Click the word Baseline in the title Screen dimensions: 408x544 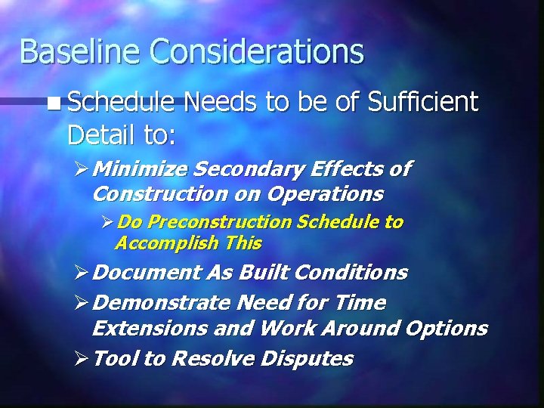[79, 51]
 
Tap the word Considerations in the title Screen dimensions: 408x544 [257, 51]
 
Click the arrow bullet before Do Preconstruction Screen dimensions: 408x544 [108, 222]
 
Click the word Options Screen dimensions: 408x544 [446, 328]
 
